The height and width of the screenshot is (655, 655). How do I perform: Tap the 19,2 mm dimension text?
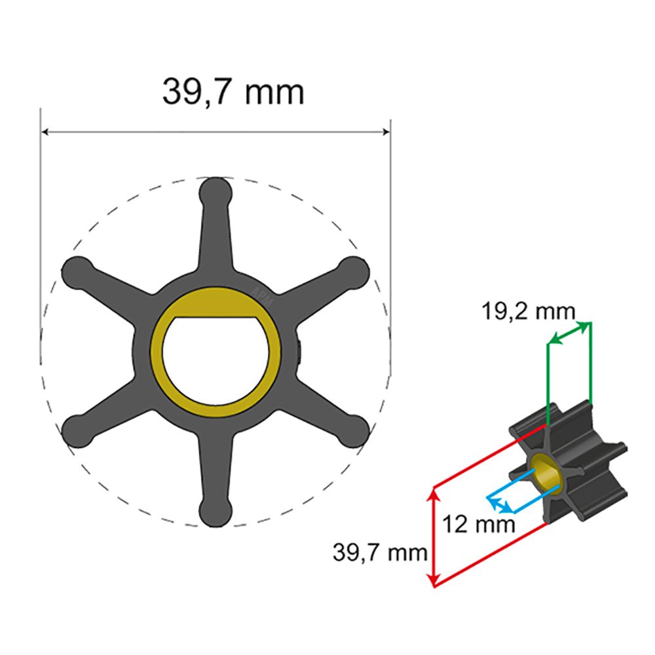529,312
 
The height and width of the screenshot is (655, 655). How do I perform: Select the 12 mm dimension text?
477,524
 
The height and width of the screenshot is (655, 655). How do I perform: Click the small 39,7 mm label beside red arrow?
380,553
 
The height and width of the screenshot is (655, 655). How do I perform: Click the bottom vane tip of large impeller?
215,512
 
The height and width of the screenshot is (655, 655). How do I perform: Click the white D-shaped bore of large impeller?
216,364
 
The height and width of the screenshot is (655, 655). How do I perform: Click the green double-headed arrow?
569,331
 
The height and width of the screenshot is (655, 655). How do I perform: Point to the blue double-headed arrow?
500,505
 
